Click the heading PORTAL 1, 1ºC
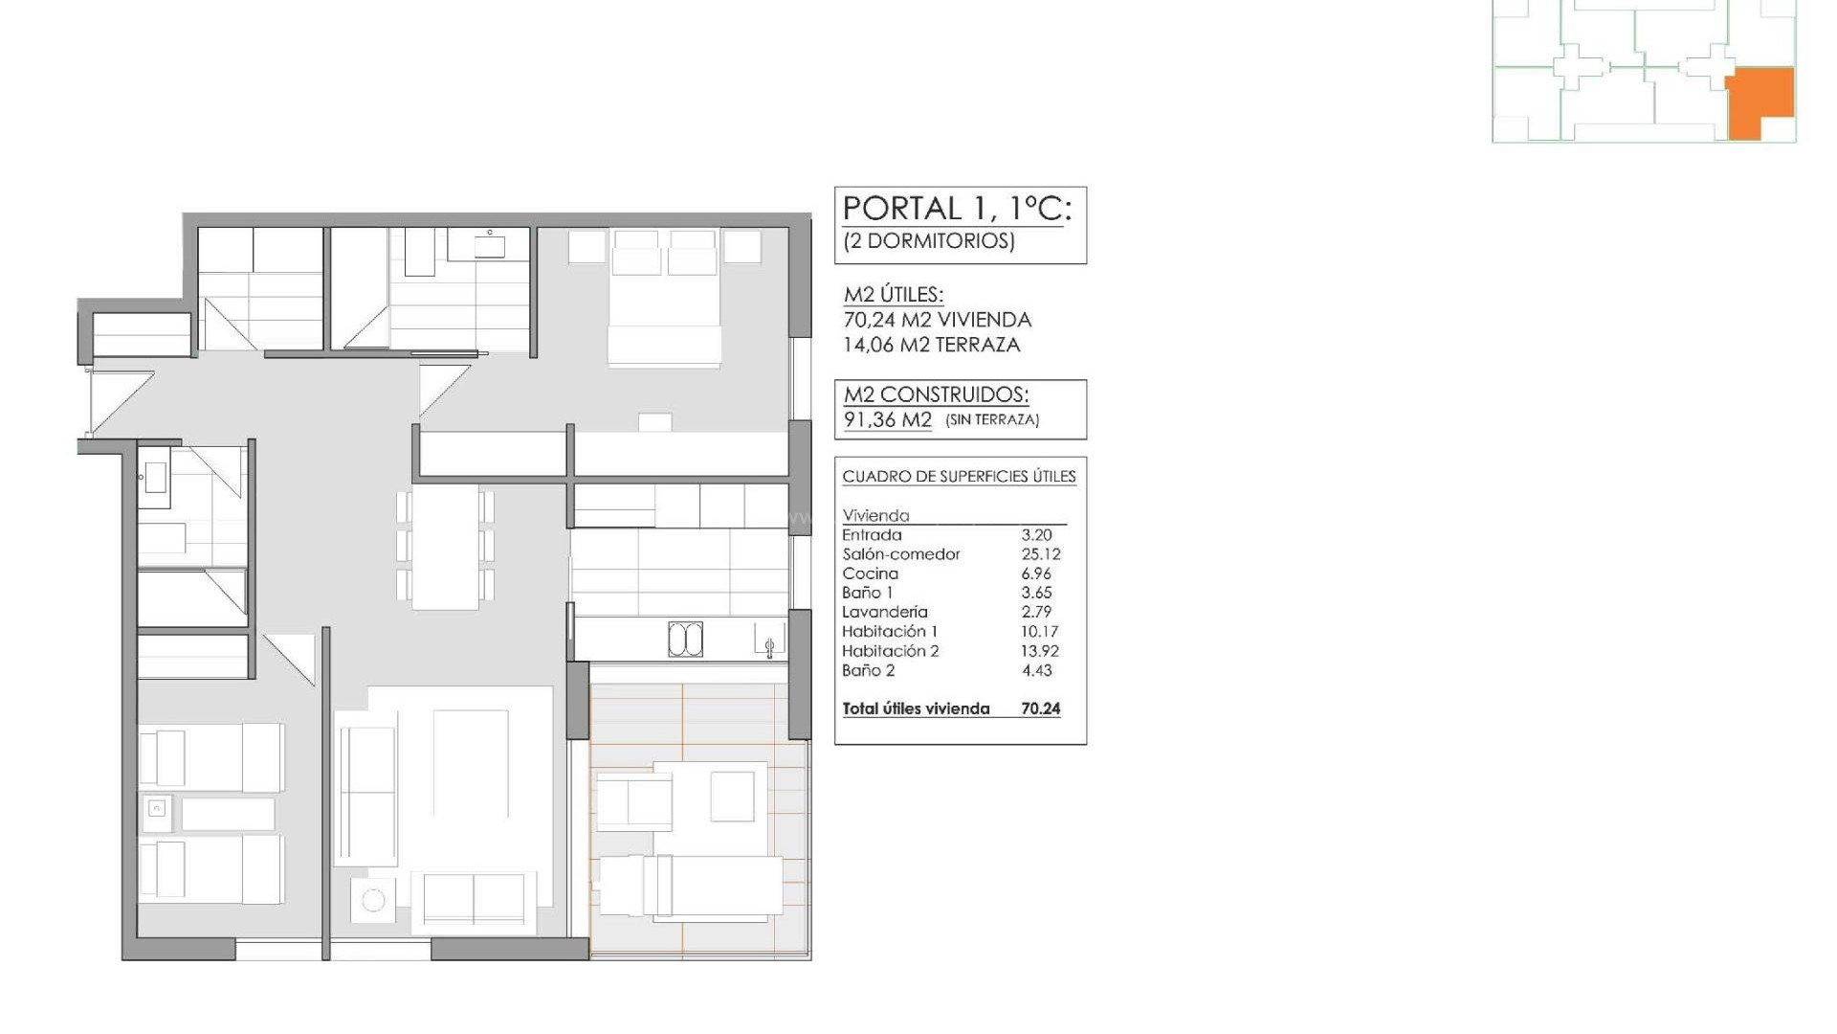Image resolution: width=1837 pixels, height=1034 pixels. [956, 209]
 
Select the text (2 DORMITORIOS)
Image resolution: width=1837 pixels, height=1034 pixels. [928, 240]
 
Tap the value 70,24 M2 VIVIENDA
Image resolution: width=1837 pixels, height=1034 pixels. [937, 320]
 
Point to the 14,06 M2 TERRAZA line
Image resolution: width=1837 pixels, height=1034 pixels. [931, 345]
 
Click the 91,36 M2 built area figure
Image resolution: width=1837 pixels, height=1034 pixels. [887, 419]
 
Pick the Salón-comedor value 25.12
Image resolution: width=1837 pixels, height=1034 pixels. [1040, 554]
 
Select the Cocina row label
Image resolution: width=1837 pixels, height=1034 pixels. [870, 573]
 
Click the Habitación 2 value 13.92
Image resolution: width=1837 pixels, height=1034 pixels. [1039, 651]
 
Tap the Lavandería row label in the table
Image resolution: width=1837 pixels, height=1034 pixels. [884, 612]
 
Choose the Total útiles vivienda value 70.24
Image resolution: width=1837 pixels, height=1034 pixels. [1040, 708]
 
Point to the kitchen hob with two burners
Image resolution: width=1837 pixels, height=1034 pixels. [685, 640]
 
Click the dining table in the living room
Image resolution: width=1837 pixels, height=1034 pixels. [445, 547]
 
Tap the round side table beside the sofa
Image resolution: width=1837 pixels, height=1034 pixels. [373, 900]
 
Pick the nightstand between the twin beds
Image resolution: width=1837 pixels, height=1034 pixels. [157, 811]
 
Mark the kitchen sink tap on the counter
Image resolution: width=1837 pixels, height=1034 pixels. [769, 646]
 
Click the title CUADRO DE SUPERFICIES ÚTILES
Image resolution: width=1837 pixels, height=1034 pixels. [959, 477]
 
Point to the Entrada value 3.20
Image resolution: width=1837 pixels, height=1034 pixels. [1036, 535]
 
